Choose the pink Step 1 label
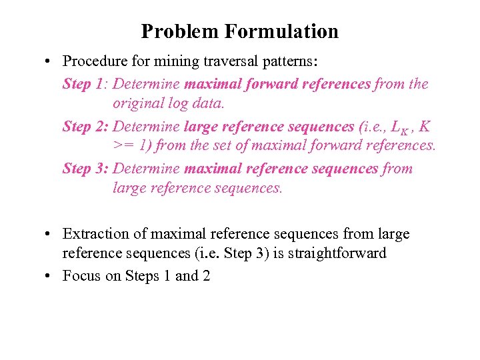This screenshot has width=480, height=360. coord(85,84)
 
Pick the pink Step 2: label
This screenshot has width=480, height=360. coord(86,126)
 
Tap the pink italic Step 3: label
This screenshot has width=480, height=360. coord(86,168)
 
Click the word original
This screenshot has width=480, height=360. coord(136,104)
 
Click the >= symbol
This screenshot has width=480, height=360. coord(123,145)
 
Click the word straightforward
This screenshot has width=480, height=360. coord(339,253)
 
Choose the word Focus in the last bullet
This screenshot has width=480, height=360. coord(81,275)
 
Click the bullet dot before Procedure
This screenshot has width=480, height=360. coord(50,62)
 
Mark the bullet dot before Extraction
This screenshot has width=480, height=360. coord(50,234)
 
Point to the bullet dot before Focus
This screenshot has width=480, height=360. coord(50,276)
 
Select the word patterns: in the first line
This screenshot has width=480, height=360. coord(293,62)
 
